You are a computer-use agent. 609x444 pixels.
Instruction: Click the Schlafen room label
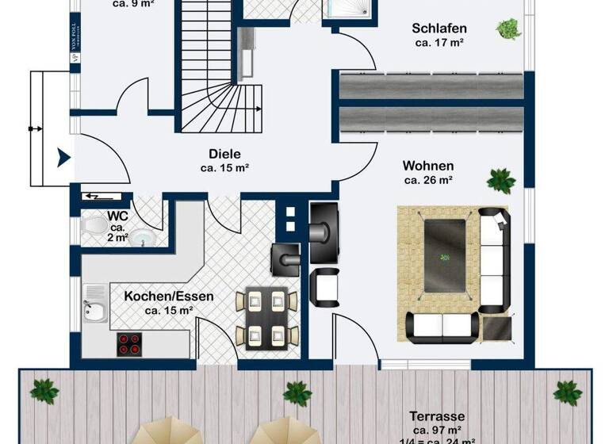tap(438, 29)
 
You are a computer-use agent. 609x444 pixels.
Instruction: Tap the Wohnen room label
tap(428, 166)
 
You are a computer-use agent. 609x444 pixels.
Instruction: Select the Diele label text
tap(224, 154)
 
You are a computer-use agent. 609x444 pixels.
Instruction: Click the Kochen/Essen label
tap(169, 297)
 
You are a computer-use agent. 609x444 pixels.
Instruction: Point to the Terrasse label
tap(437, 416)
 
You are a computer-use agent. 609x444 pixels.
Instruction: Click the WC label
tap(118, 216)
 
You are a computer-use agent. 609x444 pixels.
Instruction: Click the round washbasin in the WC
tap(142, 237)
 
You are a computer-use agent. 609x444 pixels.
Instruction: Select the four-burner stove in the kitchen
tap(130, 343)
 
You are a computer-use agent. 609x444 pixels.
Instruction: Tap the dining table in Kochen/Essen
tap(266, 316)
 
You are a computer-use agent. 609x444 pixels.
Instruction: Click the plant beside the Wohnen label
tap(500, 180)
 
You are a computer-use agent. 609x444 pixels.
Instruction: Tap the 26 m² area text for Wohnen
tap(428, 180)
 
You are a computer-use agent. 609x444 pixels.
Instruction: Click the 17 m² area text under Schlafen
tap(438, 43)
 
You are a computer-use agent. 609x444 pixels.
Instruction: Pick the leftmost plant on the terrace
tap(44, 390)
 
